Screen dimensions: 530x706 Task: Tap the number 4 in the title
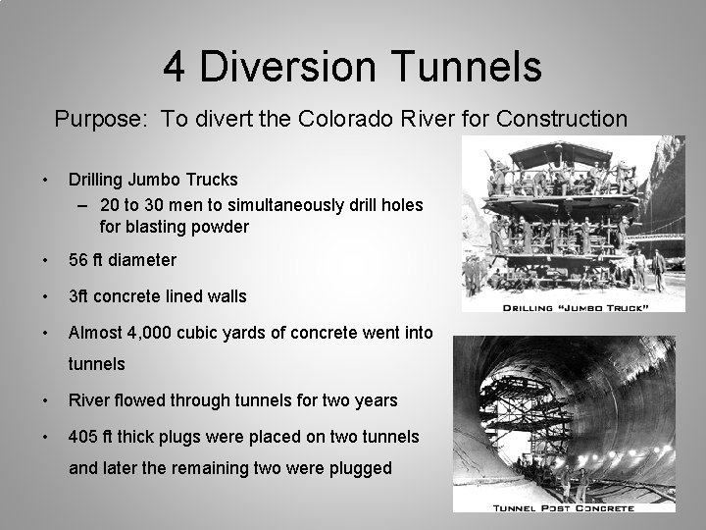[x=176, y=67]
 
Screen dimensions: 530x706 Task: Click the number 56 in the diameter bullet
[x=78, y=260]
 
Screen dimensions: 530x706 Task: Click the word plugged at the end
[x=357, y=468]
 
